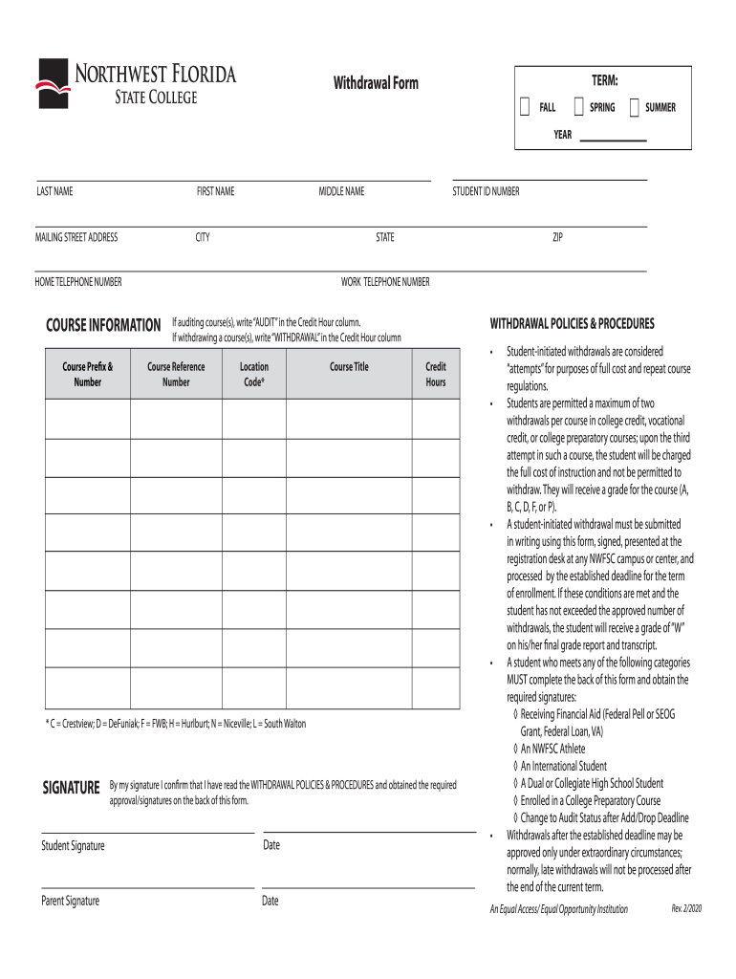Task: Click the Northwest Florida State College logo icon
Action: click(x=53, y=83)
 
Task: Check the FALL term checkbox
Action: click(x=524, y=107)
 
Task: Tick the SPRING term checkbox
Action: click(x=578, y=107)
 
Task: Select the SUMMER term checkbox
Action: click(x=634, y=107)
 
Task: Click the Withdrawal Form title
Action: click(x=376, y=84)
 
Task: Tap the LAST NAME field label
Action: click(x=54, y=192)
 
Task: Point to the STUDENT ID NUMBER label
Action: click(x=486, y=192)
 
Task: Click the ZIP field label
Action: click(x=557, y=238)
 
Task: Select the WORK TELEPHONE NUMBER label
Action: click(x=385, y=282)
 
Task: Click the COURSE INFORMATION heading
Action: click(x=103, y=326)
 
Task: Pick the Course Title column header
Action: click(x=349, y=367)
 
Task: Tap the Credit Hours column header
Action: click(x=435, y=374)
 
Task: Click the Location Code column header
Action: click(x=254, y=374)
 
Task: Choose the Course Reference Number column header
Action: click(x=176, y=374)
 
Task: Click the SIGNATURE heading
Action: click(x=71, y=788)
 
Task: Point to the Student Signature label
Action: click(x=73, y=846)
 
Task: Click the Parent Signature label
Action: click(x=70, y=901)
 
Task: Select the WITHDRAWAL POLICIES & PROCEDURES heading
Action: click(x=572, y=323)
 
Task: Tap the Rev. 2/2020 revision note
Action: click(x=687, y=908)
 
